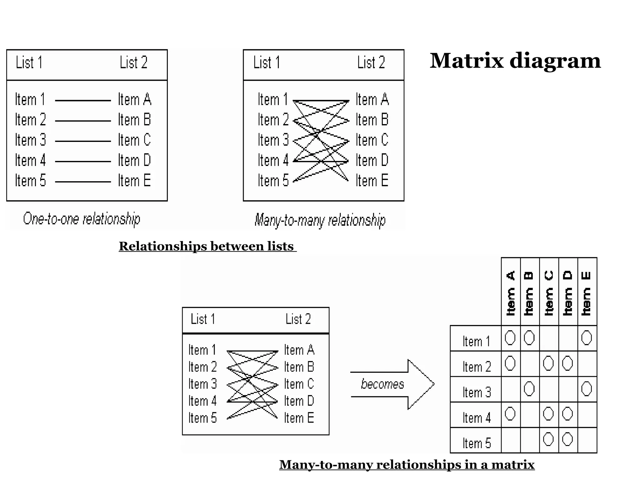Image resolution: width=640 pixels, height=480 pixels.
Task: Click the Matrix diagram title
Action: tap(515, 61)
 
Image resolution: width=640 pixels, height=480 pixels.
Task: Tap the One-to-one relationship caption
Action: tap(82, 219)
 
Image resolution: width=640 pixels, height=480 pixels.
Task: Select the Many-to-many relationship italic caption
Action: tap(320, 220)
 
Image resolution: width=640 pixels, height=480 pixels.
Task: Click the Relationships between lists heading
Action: tap(207, 246)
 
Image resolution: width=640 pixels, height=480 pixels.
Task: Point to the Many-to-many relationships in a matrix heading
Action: tap(407, 464)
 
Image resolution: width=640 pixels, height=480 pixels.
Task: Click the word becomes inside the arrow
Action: tap(382, 384)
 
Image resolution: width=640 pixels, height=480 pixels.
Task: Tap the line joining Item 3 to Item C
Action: tap(83, 141)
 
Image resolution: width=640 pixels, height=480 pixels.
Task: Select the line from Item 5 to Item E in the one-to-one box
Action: tap(83, 182)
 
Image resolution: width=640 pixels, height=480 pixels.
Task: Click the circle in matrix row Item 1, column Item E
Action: tap(587, 338)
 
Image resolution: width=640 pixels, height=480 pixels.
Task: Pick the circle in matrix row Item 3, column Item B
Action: tap(529, 389)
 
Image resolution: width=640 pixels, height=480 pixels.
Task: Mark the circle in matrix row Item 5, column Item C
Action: tap(548, 439)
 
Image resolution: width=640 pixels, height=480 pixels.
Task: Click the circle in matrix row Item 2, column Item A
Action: tap(510, 363)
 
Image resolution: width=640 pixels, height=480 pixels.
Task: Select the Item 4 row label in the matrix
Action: tap(477, 418)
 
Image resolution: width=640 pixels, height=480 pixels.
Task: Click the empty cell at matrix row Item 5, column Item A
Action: tap(511, 440)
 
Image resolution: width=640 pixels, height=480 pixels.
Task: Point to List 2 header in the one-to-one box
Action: tap(133, 62)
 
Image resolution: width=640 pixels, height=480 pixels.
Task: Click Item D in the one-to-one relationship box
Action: tap(134, 161)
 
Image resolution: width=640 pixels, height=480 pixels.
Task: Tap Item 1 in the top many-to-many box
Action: tap(272, 100)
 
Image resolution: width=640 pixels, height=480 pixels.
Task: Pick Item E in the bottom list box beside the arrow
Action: tap(299, 418)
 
